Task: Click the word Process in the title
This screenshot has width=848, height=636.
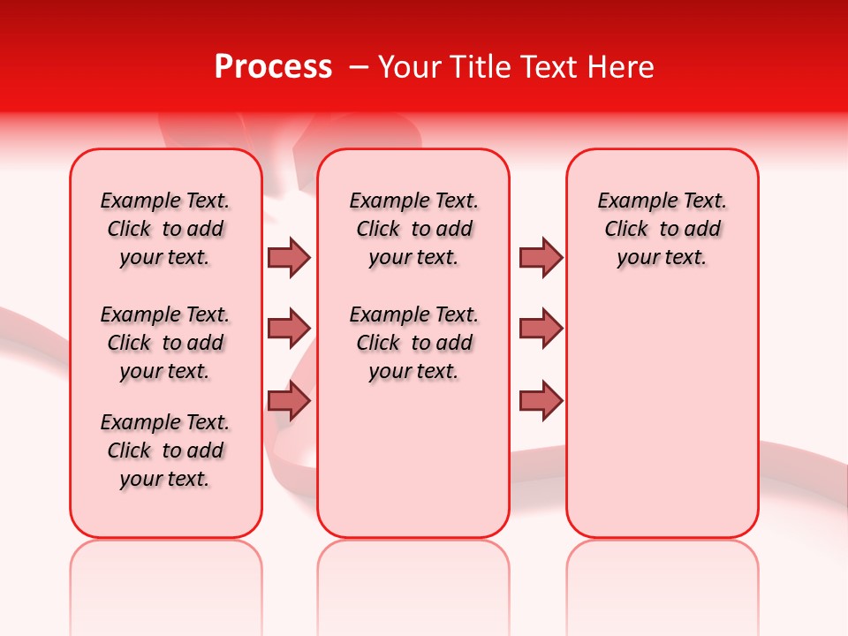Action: pos(273,67)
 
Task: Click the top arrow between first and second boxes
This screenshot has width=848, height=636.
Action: pos(289,257)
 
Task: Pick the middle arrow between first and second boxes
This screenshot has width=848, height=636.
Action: pos(289,329)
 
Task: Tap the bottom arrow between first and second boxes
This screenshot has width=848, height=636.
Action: pos(289,401)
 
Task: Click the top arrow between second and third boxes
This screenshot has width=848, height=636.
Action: pos(541,257)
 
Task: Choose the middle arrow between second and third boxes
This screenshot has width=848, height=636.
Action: pos(541,329)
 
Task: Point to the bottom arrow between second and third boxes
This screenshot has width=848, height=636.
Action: pos(541,401)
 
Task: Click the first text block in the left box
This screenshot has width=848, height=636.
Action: pos(165,229)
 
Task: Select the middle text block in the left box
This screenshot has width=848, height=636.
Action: pos(165,343)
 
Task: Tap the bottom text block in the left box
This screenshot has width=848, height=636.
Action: pos(165,450)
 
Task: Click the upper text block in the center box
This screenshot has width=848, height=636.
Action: pos(413,229)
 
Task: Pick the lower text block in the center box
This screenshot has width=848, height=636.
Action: pos(413,343)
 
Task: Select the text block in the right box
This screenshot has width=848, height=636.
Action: pos(662,229)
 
